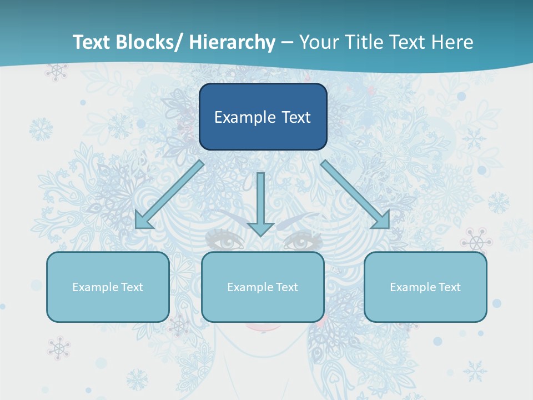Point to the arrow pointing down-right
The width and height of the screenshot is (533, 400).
(x=355, y=194)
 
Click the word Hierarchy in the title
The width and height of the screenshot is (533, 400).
(x=232, y=42)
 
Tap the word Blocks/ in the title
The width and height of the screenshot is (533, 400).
(x=148, y=42)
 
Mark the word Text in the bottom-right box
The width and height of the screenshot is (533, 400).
(x=449, y=287)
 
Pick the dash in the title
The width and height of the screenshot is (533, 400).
(x=287, y=42)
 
